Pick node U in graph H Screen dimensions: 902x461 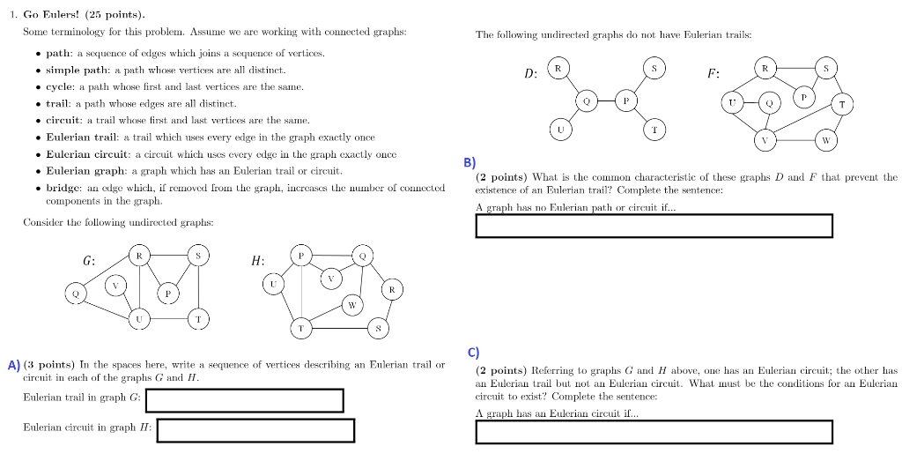click(274, 284)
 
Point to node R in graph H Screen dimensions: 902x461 click(391, 289)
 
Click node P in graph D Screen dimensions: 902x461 click(625, 100)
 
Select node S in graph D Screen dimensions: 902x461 click(654, 67)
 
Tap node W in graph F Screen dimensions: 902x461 click(825, 140)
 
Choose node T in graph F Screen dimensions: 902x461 click(842, 104)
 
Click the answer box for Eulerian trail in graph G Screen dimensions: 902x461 click(244, 400)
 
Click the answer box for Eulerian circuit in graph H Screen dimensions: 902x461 click(255, 430)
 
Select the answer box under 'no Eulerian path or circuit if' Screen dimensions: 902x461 click(654, 226)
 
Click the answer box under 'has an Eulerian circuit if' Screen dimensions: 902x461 click(654, 432)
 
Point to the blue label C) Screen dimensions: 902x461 click(473, 353)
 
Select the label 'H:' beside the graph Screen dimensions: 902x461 click(257, 261)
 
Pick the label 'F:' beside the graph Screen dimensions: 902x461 click(713, 73)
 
